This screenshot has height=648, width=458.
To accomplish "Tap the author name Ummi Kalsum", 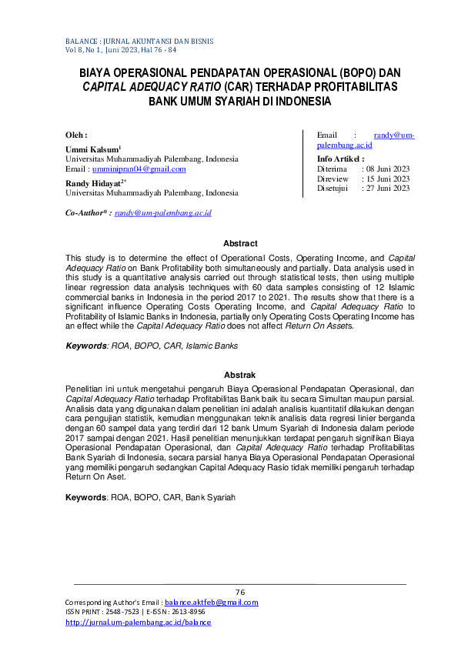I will point(92,149).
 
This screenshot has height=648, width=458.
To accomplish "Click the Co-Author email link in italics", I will point(162,212).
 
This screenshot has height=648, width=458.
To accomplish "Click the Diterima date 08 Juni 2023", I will point(387,169).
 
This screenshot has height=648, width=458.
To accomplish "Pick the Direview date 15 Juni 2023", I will point(387,179).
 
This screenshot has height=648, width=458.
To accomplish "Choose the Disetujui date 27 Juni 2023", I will point(387,189).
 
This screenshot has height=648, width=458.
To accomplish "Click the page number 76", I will point(239,592).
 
